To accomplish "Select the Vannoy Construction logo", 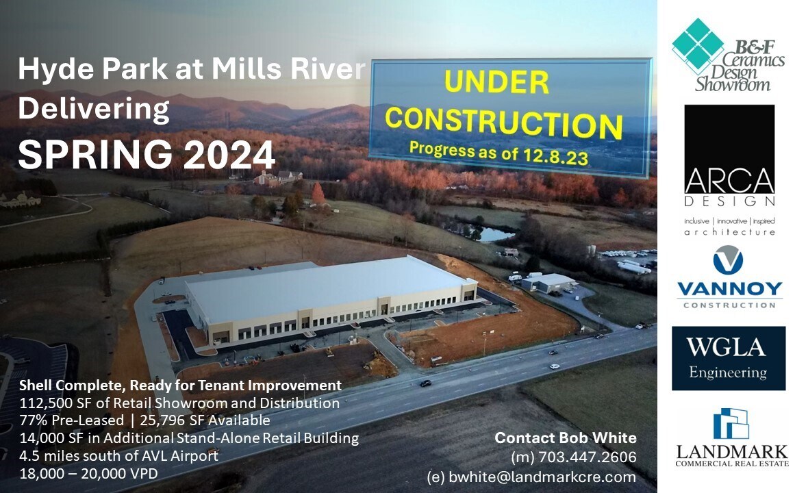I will (729, 277).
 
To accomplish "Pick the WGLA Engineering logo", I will (728, 358).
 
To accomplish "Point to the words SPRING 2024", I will (147, 155).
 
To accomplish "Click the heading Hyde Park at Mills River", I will (192, 69).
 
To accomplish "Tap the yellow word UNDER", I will (496, 82).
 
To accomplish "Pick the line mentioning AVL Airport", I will (118, 455).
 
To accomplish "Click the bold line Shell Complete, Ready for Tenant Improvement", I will (180, 385).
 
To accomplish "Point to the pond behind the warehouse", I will (495, 234).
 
